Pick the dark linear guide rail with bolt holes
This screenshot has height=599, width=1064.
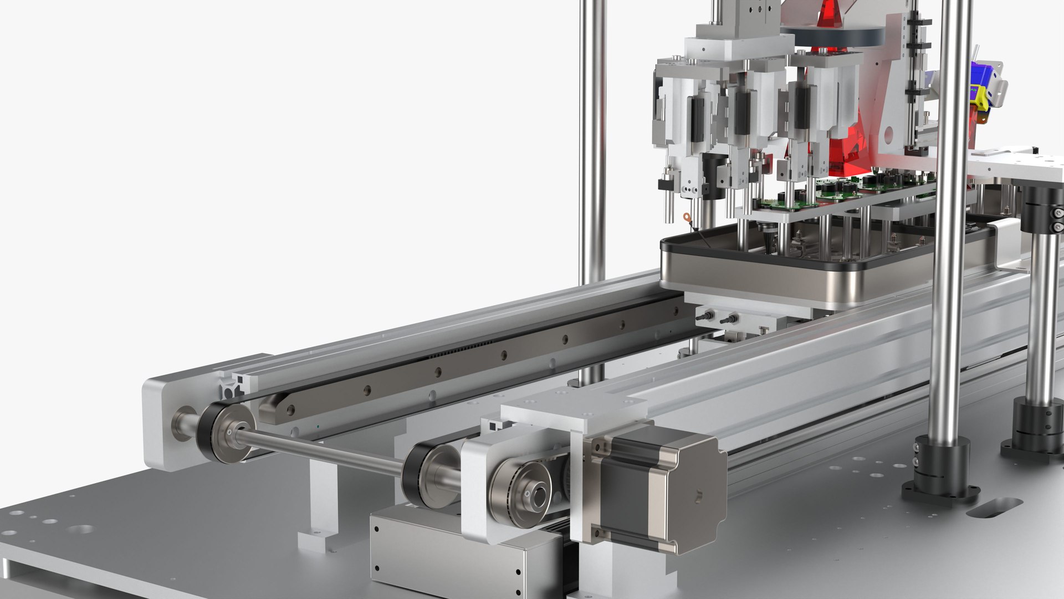(471, 361)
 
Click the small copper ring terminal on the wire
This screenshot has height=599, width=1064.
(688, 217)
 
